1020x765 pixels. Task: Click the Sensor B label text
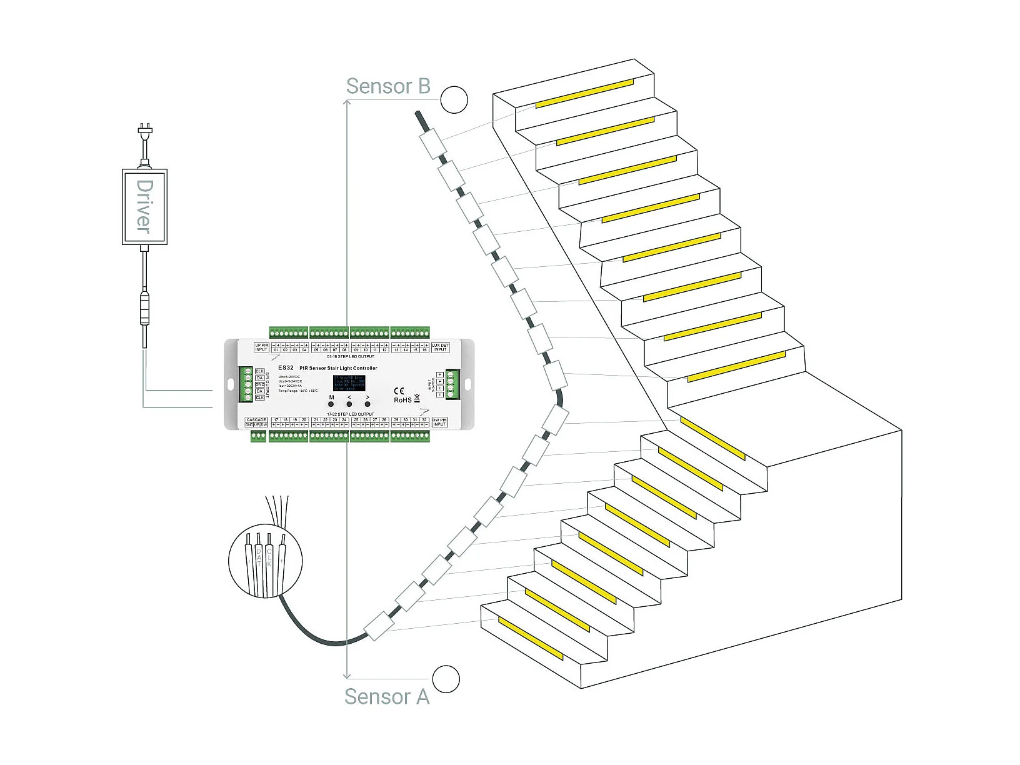(388, 86)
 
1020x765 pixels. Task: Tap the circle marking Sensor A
(446, 679)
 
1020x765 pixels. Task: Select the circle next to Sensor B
(454, 100)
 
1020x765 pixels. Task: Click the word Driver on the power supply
(144, 207)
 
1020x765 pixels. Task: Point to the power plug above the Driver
(145, 132)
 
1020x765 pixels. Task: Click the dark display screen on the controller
(349, 382)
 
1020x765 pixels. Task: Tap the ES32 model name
(286, 368)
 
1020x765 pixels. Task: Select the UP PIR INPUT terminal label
(261, 347)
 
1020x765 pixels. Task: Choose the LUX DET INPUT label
(440, 347)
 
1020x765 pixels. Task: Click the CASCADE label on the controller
(256, 420)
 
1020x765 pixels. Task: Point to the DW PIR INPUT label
(440, 422)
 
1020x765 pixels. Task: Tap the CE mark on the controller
(399, 391)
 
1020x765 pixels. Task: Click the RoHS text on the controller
(402, 400)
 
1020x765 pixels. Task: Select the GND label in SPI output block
(259, 384)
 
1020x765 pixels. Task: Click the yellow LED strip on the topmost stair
(584, 94)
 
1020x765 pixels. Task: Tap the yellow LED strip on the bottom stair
(530, 638)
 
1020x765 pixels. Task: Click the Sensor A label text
(387, 696)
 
